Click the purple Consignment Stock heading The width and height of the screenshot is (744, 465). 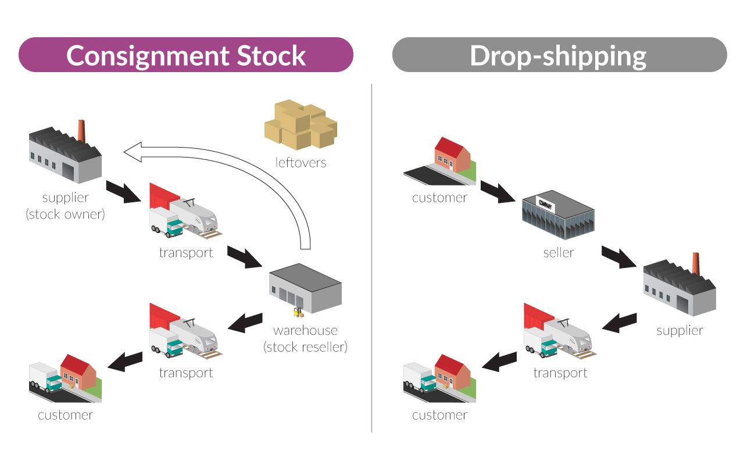pos(185,55)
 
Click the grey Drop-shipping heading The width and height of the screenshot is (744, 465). pos(559,55)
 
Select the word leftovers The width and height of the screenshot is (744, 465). pos(301,162)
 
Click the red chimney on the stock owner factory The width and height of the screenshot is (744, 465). pos(83,131)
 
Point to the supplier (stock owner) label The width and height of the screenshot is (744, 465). pos(65,206)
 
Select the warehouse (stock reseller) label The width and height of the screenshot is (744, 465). pos(305,338)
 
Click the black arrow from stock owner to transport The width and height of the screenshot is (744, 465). pos(124,192)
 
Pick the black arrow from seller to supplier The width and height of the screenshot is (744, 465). pos(619,256)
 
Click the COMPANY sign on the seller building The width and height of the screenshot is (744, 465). pos(545,204)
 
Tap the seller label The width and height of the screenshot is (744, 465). pos(558,252)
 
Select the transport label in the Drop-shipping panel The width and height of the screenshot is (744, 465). pos(560,373)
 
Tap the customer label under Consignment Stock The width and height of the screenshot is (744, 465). pos(65,415)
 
